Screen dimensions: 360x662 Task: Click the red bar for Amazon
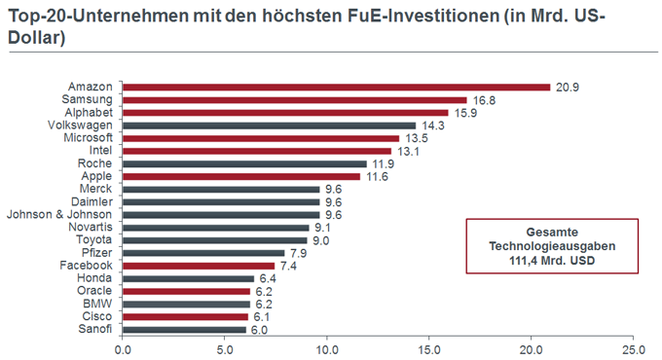pyautogui.click(x=336, y=87)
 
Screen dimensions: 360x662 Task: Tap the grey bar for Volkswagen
pyautogui.click(x=269, y=125)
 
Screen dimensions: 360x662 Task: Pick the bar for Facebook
pyautogui.click(x=198, y=265)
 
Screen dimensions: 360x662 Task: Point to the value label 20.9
pyautogui.click(x=567, y=87)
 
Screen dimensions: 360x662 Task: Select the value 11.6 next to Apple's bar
pyautogui.click(x=377, y=176)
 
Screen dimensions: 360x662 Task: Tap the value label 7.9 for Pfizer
pyautogui.click(x=298, y=252)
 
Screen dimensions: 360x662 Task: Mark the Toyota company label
pyautogui.click(x=95, y=239)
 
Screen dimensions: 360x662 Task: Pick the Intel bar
pyautogui.click(x=257, y=150)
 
